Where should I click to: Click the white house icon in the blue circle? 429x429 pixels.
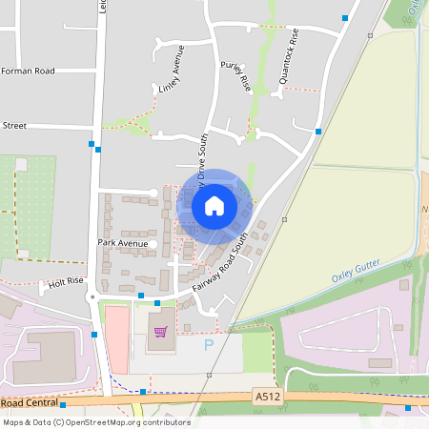(214, 205)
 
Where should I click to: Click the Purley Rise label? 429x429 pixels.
(235, 76)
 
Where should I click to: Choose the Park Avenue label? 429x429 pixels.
(123, 244)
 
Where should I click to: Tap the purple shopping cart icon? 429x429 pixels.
(161, 331)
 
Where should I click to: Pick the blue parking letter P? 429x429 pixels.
(210, 345)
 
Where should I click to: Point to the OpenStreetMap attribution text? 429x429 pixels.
(83, 421)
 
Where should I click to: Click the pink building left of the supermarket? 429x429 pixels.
(115, 339)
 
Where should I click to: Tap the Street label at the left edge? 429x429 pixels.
(14, 125)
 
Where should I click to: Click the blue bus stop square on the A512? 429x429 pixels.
(143, 392)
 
